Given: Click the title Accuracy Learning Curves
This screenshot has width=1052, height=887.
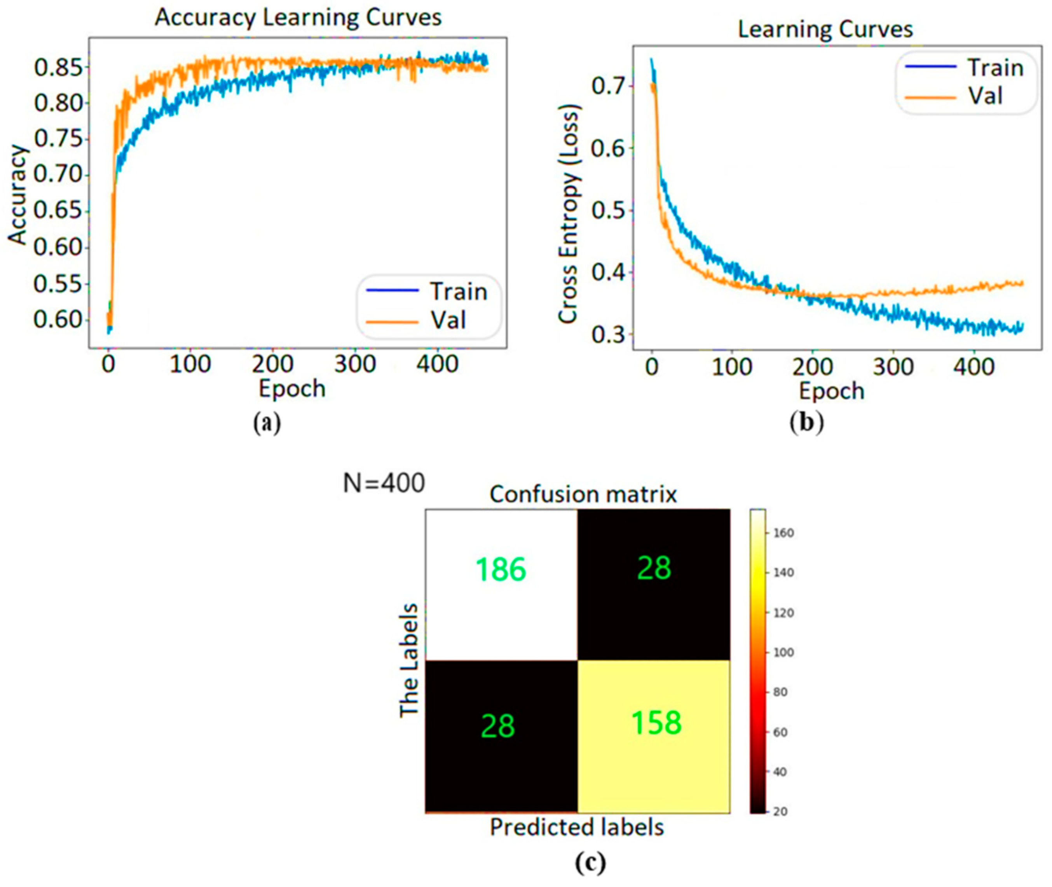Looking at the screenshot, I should pyautogui.click(x=298, y=17).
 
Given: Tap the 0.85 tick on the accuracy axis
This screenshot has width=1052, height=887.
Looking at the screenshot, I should pyautogui.click(x=58, y=67).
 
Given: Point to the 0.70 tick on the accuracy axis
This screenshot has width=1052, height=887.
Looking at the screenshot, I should pyautogui.click(x=58, y=175).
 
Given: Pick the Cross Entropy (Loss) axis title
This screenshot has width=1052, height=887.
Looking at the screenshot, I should pyautogui.click(x=569, y=214).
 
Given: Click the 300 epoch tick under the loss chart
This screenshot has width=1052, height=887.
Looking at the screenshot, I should pyautogui.click(x=893, y=367).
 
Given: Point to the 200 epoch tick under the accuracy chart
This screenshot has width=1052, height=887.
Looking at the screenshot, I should pyautogui.click(x=272, y=363).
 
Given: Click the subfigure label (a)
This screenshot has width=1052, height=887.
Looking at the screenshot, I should pyautogui.click(x=267, y=423).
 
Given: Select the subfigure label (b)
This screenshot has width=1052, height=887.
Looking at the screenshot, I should pyautogui.click(x=807, y=423).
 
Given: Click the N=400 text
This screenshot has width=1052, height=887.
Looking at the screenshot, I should pyautogui.click(x=384, y=484).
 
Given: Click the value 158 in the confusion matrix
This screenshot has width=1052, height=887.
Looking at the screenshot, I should pyautogui.click(x=656, y=723).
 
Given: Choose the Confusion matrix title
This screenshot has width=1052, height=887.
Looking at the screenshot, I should pyautogui.click(x=583, y=495).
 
